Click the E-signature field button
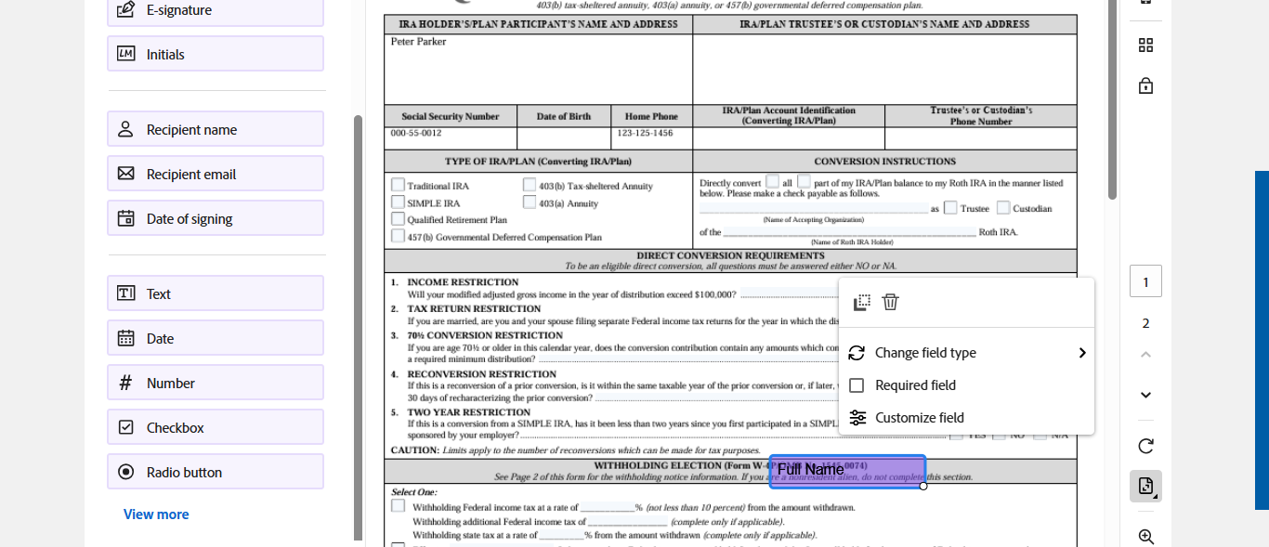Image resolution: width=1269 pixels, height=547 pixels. tap(215, 10)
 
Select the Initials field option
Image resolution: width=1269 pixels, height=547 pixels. tap(215, 54)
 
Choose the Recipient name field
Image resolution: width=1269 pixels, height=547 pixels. tap(215, 129)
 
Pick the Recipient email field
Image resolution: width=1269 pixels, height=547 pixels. tap(215, 174)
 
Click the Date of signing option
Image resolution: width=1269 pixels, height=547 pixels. tap(215, 218)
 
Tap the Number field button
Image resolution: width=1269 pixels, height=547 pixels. tap(215, 383)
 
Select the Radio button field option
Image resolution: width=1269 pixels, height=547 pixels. tap(215, 472)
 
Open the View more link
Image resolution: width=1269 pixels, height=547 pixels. tap(156, 514)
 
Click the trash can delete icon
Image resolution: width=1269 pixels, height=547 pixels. tap(890, 302)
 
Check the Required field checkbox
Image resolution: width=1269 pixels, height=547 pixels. tap(857, 385)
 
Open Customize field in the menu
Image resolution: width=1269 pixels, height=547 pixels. tap(919, 418)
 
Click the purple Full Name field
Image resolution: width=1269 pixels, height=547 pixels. tap(847, 470)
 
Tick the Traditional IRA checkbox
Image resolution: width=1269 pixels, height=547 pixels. tap(399, 185)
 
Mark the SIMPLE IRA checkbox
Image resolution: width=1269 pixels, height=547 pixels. tap(399, 202)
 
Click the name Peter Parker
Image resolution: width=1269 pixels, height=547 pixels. tap(418, 42)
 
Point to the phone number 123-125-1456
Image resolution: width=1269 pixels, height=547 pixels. tap(644, 134)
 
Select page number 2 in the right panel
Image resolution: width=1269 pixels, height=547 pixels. tap(1145, 323)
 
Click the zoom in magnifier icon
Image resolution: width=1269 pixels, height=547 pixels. tap(1145, 537)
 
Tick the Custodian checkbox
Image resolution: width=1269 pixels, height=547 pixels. tap(1003, 208)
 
